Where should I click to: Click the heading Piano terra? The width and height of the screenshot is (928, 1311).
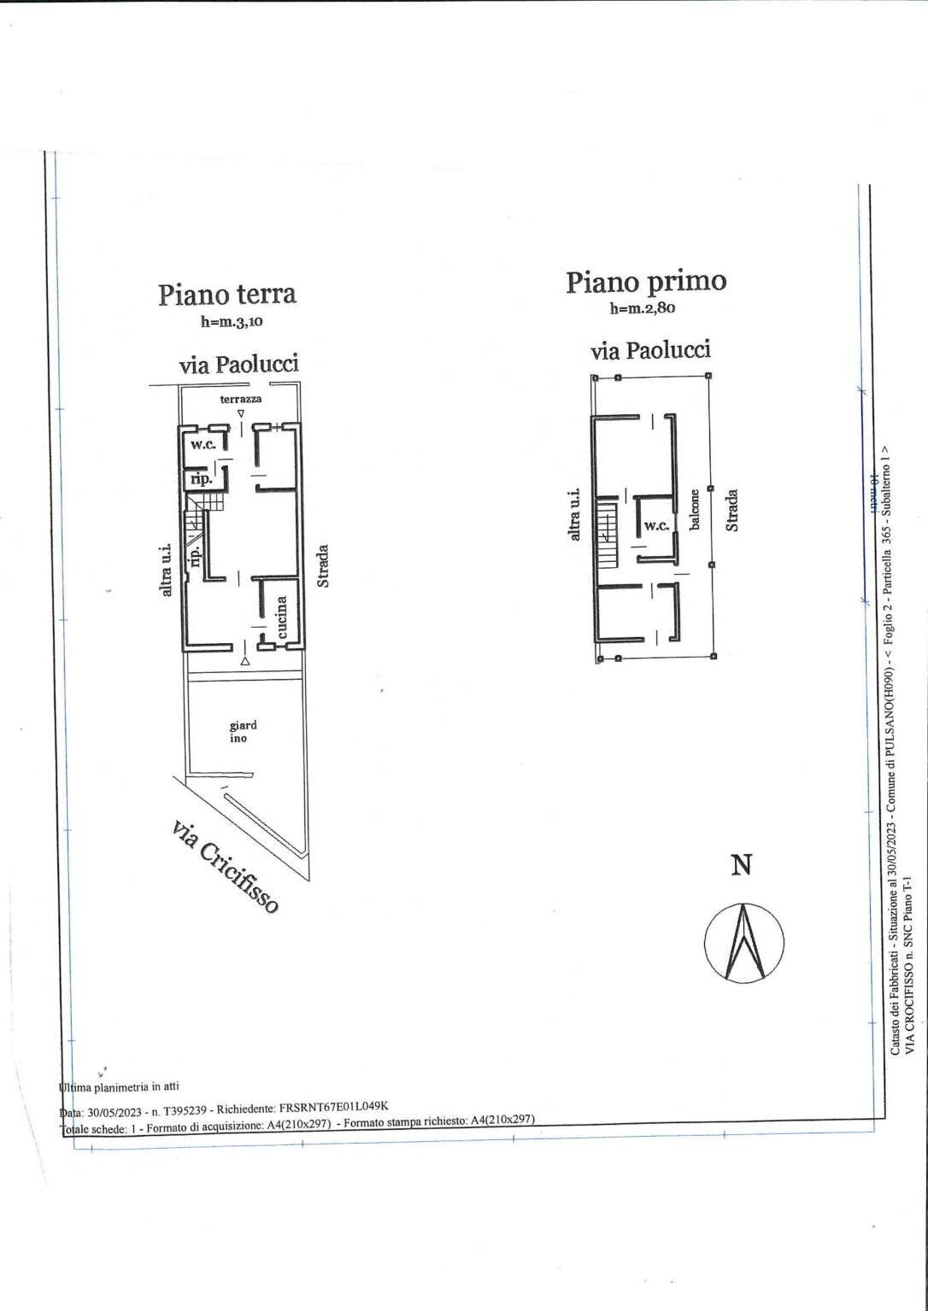226,294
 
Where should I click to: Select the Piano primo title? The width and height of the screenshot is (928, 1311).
645,281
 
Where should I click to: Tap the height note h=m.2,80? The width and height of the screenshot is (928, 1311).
642,308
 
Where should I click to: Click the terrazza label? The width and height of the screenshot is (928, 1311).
241,399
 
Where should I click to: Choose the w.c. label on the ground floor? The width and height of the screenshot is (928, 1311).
203,445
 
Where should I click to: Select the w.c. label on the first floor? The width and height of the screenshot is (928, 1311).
656,525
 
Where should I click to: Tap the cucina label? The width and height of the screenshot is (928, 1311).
283,617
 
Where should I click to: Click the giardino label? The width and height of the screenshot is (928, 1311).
243,732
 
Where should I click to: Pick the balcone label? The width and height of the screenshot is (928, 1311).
695,509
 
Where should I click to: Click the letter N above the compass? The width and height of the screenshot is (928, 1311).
742,865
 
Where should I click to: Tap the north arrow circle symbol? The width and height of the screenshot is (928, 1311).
743,942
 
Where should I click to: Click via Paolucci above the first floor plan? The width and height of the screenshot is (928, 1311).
650,350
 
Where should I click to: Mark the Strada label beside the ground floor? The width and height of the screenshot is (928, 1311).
323,565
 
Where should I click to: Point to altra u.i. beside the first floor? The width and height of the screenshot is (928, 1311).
575,514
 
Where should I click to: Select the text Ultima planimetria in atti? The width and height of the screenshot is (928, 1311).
120,1087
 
